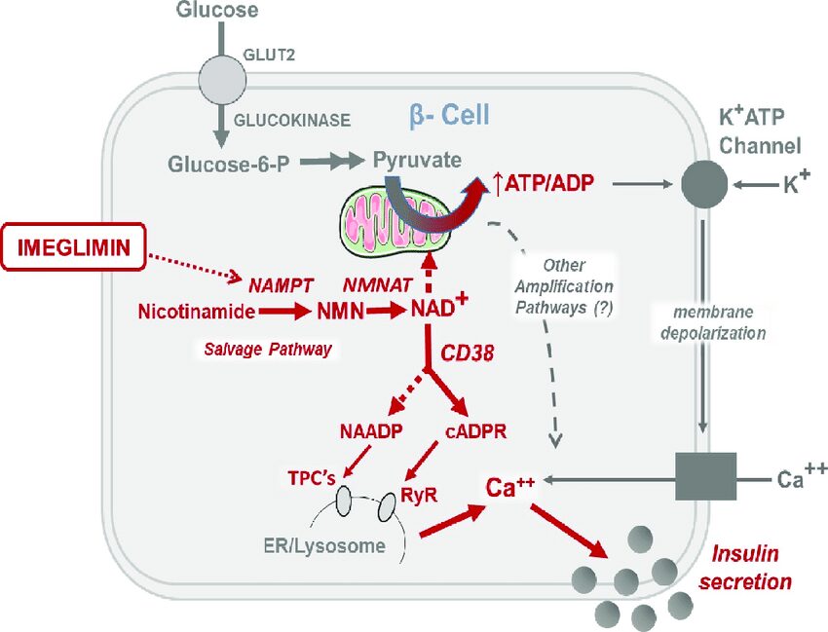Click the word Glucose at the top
pos(217,12)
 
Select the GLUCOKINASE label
pos(290,122)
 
